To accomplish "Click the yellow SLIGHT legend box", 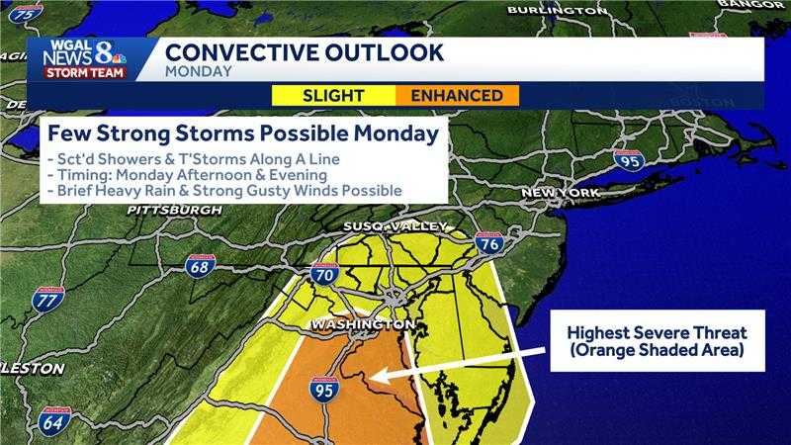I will pyautogui.click(x=334, y=95).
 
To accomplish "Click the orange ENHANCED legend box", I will pyautogui.click(x=457, y=95).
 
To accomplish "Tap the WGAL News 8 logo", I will pyautogui.click(x=83, y=58).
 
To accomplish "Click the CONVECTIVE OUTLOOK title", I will pyautogui.click(x=305, y=51).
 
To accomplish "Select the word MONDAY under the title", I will pyautogui.click(x=199, y=71).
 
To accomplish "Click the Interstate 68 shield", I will pyautogui.click(x=199, y=265).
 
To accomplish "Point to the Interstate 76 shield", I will pyautogui.click(x=488, y=242).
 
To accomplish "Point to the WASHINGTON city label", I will pyautogui.click(x=362, y=325).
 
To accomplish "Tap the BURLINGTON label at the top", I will pyautogui.click(x=557, y=10).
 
